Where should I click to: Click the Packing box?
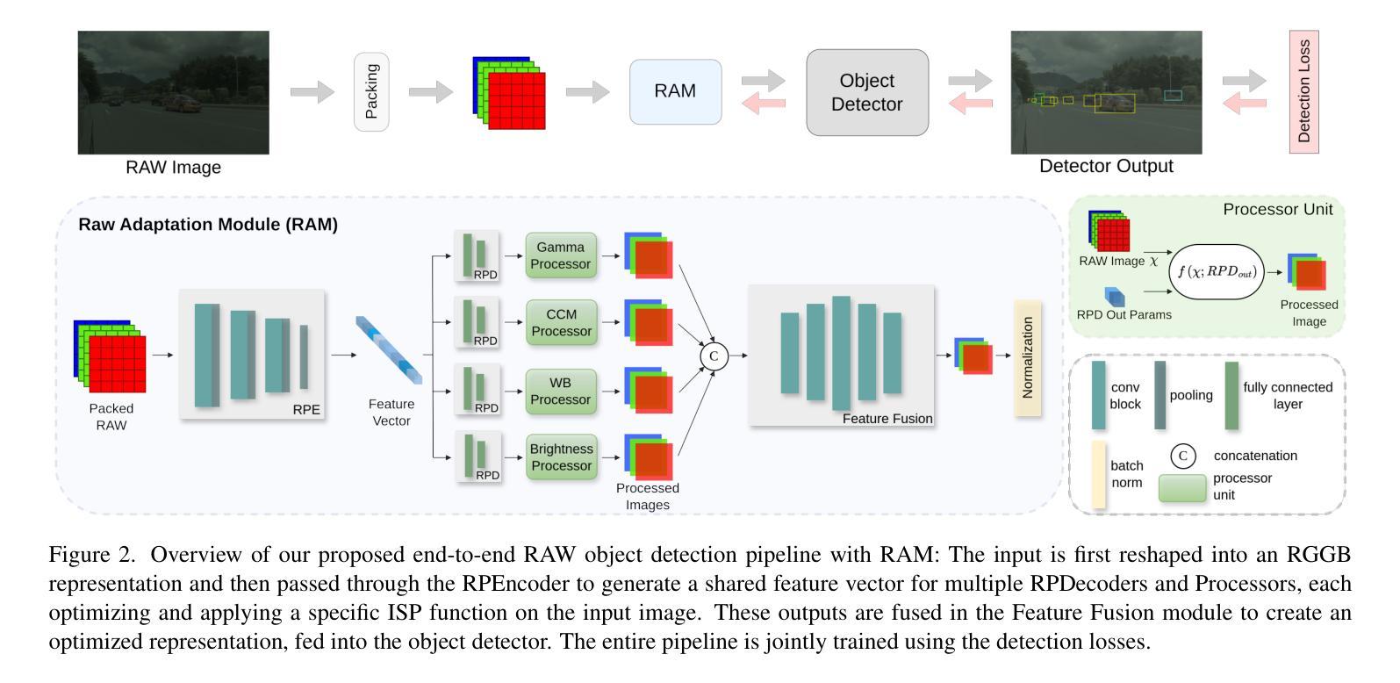(371, 92)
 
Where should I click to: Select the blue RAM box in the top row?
(675, 91)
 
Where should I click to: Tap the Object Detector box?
(867, 92)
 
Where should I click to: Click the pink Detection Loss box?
(1303, 91)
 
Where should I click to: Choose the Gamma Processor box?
(561, 255)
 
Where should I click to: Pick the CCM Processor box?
(561, 322)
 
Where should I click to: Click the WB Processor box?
(561, 392)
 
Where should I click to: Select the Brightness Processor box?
(561, 457)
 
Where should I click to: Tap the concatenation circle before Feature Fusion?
(714, 356)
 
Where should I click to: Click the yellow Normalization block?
(1027, 358)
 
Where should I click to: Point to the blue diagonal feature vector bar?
(389, 350)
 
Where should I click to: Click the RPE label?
(306, 409)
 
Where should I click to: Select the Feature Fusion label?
(887, 418)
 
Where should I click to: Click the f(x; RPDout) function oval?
(1217, 272)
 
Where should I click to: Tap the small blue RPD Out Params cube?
(1115, 296)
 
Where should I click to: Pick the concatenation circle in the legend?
(1182, 457)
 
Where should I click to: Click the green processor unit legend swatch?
(1181, 488)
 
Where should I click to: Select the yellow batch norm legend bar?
(1098, 475)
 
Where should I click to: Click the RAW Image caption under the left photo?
(173, 168)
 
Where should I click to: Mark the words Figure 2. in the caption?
(92, 555)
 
